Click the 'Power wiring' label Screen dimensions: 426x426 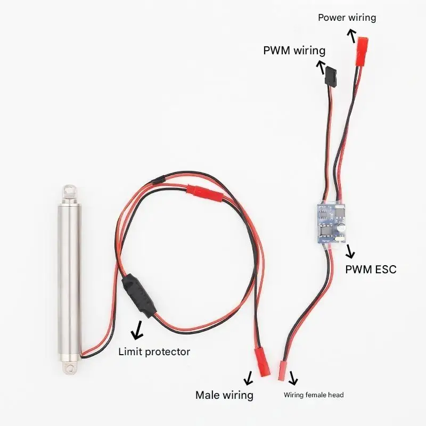click(347, 18)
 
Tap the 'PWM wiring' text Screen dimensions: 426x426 click(294, 51)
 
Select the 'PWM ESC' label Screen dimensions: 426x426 click(371, 269)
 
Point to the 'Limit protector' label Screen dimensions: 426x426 click(154, 351)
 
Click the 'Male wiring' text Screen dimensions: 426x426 click(224, 395)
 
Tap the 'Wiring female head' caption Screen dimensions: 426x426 click(314, 395)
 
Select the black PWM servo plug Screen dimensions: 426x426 click(331, 78)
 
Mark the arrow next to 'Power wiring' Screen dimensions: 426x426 click(351, 36)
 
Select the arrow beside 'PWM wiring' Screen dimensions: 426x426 click(322, 67)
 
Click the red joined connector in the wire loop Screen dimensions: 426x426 click(198, 190)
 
